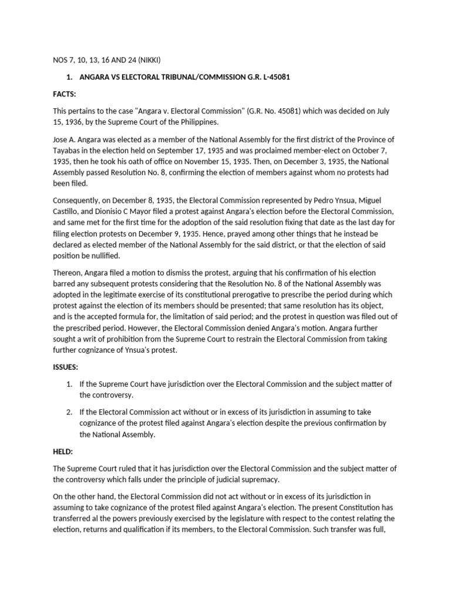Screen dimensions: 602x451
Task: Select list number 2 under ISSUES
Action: [69, 413]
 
